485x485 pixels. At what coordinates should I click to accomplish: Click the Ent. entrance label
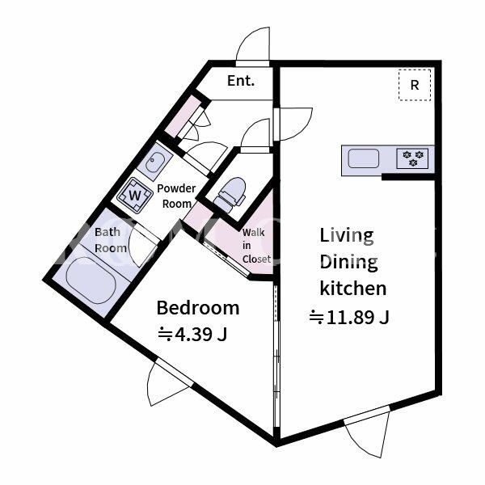[x=241, y=81]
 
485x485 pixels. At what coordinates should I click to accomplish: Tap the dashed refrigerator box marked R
[x=415, y=85]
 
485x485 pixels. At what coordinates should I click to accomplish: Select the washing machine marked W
[x=135, y=196]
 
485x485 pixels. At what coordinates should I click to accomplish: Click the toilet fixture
[x=230, y=195]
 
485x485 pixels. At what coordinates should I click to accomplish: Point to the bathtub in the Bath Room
[x=91, y=280]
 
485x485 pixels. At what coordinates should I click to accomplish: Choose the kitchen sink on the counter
[x=363, y=158]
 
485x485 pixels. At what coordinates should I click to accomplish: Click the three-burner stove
[x=412, y=158]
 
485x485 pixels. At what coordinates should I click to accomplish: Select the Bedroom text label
[x=198, y=308]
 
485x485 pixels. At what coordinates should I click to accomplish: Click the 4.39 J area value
[x=192, y=334]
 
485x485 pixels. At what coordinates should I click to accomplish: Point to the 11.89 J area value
[x=349, y=318]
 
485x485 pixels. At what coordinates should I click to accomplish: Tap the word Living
[x=347, y=236]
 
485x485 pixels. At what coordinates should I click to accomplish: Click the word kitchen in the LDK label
[x=353, y=289]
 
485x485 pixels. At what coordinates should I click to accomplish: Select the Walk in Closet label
[x=256, y=246]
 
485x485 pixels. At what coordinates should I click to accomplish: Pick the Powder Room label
[x=176, y=196]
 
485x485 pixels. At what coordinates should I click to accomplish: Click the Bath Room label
[x=111, y=240]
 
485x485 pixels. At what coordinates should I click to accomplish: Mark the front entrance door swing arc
[x=247, y=37]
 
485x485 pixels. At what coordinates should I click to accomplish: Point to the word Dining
[x=349, y=263]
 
